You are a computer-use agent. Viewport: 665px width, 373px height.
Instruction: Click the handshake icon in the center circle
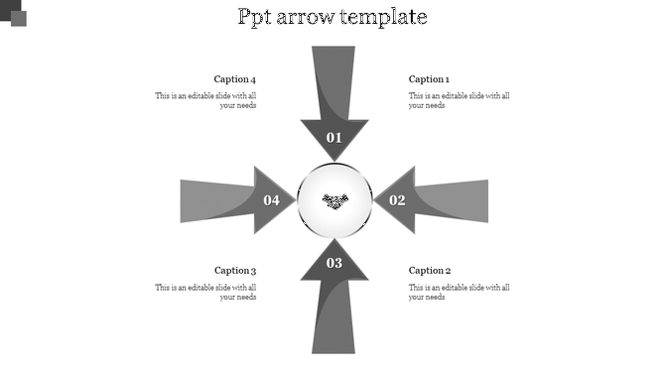click(x=335, y=201)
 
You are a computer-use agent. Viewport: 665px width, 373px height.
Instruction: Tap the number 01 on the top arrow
click(x=334, y=138)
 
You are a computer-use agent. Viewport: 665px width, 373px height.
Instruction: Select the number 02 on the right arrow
click(x=397, y=200)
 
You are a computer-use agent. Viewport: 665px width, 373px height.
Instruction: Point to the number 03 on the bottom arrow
click(x=334, y=263)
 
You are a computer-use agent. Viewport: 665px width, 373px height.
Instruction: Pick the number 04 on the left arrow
click(x=272, y=200)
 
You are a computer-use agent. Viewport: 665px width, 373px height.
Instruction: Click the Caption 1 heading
click(x=430, y=79)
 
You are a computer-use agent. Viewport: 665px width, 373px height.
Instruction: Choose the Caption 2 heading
click(x=430, y=270)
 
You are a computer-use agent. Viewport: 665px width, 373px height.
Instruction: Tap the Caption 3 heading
click(x=235, y=270)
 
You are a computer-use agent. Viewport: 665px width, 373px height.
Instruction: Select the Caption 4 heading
click(x=235, y=79)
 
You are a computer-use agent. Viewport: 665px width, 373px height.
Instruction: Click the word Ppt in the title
click(x=259, y=18)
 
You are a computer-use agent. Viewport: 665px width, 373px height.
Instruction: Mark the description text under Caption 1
click(x=459, y=100)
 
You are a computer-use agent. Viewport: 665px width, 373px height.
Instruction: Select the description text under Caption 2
click(x=459, y=292)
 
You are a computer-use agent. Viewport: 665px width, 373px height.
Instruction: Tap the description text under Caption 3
click(x=206, y=292)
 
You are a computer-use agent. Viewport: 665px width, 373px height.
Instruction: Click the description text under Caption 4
click(x=206, y=100)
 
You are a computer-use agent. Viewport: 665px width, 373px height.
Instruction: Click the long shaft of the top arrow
click(x=334, y=79)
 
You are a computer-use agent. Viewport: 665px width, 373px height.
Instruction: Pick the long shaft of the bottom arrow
click(x=334, y=317)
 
